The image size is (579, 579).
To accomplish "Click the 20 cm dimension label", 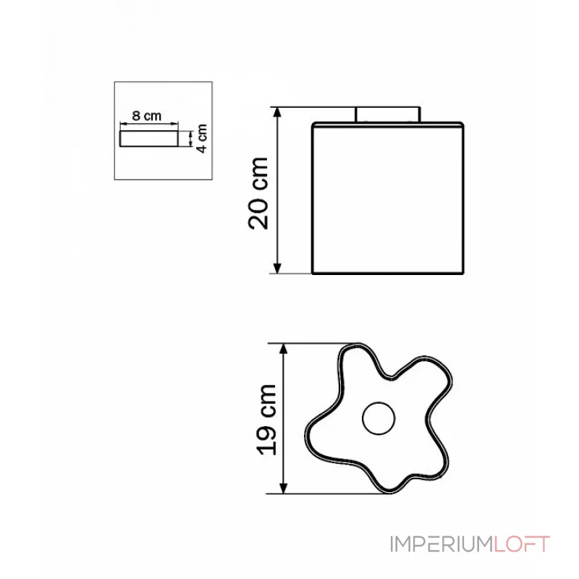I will [258, 192].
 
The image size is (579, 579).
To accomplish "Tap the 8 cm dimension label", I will [146, 116].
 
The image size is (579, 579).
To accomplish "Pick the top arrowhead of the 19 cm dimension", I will [285, 348].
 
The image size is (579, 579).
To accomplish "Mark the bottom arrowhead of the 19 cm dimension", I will [285, 489].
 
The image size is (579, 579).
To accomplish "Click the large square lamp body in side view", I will [387, 199].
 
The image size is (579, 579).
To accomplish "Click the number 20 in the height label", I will [258, 214].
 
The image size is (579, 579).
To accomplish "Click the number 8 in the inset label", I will [136, 116].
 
